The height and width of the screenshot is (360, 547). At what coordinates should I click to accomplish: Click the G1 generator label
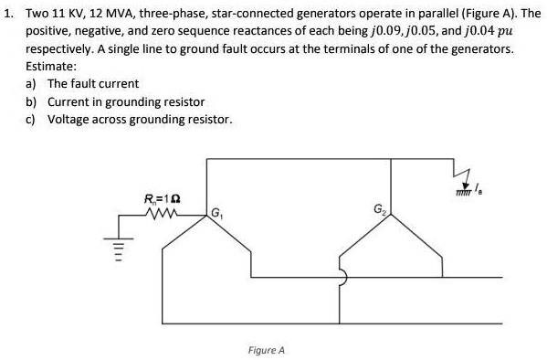pyautogui.click(x=216, y=216)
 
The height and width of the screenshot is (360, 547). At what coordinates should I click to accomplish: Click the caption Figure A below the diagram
pyautogui.click(x=266, y=349)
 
